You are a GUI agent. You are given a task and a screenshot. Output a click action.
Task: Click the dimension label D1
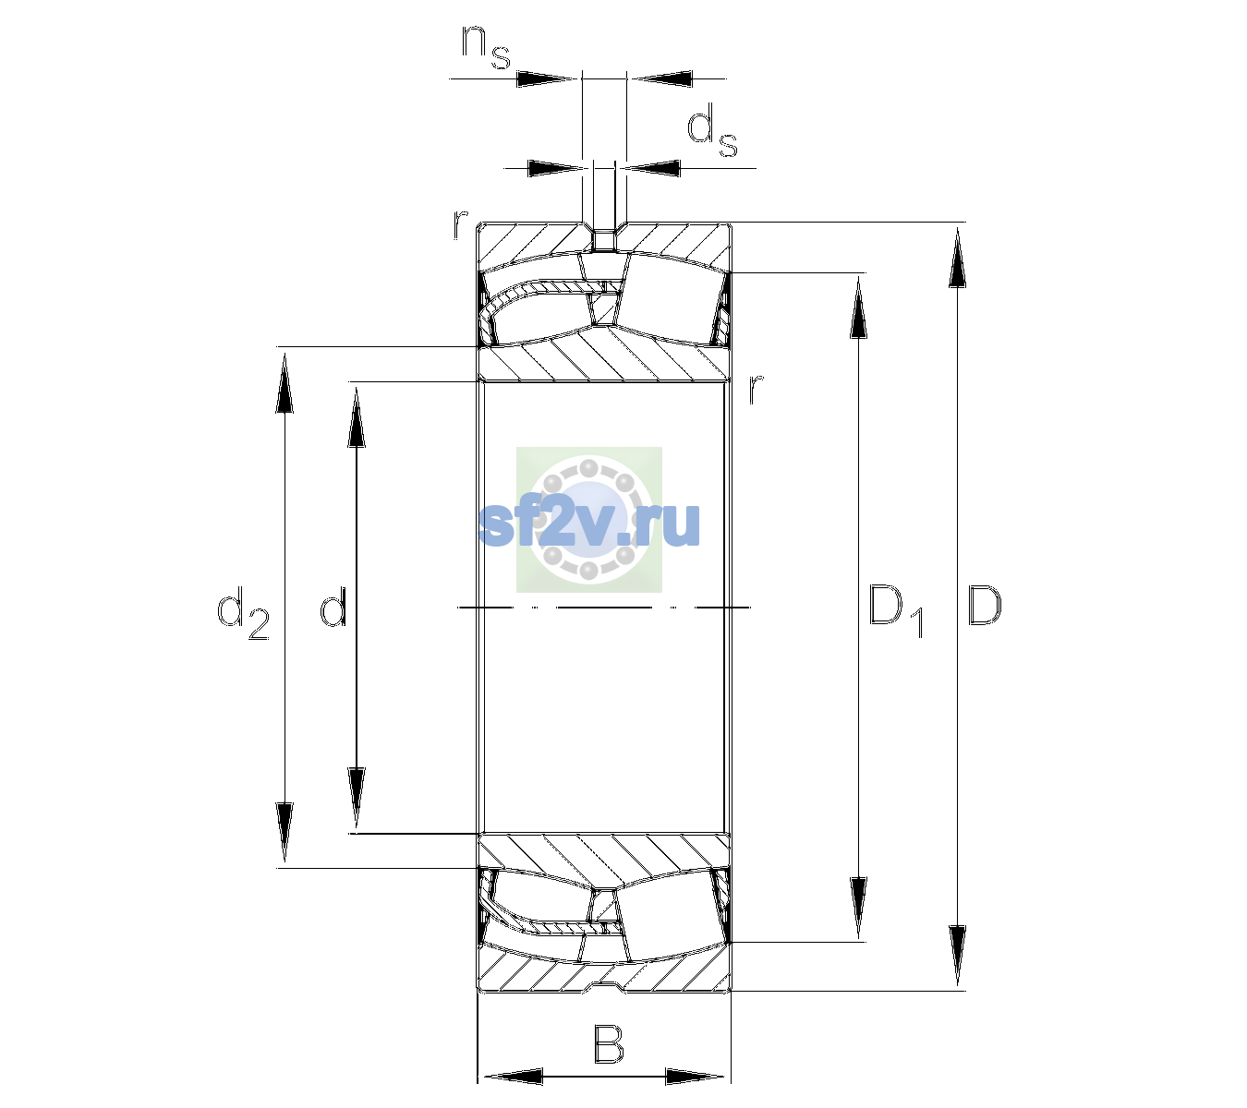pyautogui.click(x=896, y=610)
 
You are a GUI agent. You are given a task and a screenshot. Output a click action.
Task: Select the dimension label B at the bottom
pyautogui.click(x=608, y=1043)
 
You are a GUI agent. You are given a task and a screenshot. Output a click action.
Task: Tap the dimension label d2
pyautogui.click(x=243, y=613)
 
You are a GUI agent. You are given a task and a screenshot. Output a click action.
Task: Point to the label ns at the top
pyautogui.click(x=486, y=48)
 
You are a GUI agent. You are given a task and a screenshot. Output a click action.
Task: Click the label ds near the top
pyautogui.click(x=711, y=130)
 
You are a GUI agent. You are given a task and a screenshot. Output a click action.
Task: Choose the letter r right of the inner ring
pyautogui.click(x=756, y=388)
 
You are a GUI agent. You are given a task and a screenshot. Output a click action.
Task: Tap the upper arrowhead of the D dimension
pyautogui.click(x=957, y=258)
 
